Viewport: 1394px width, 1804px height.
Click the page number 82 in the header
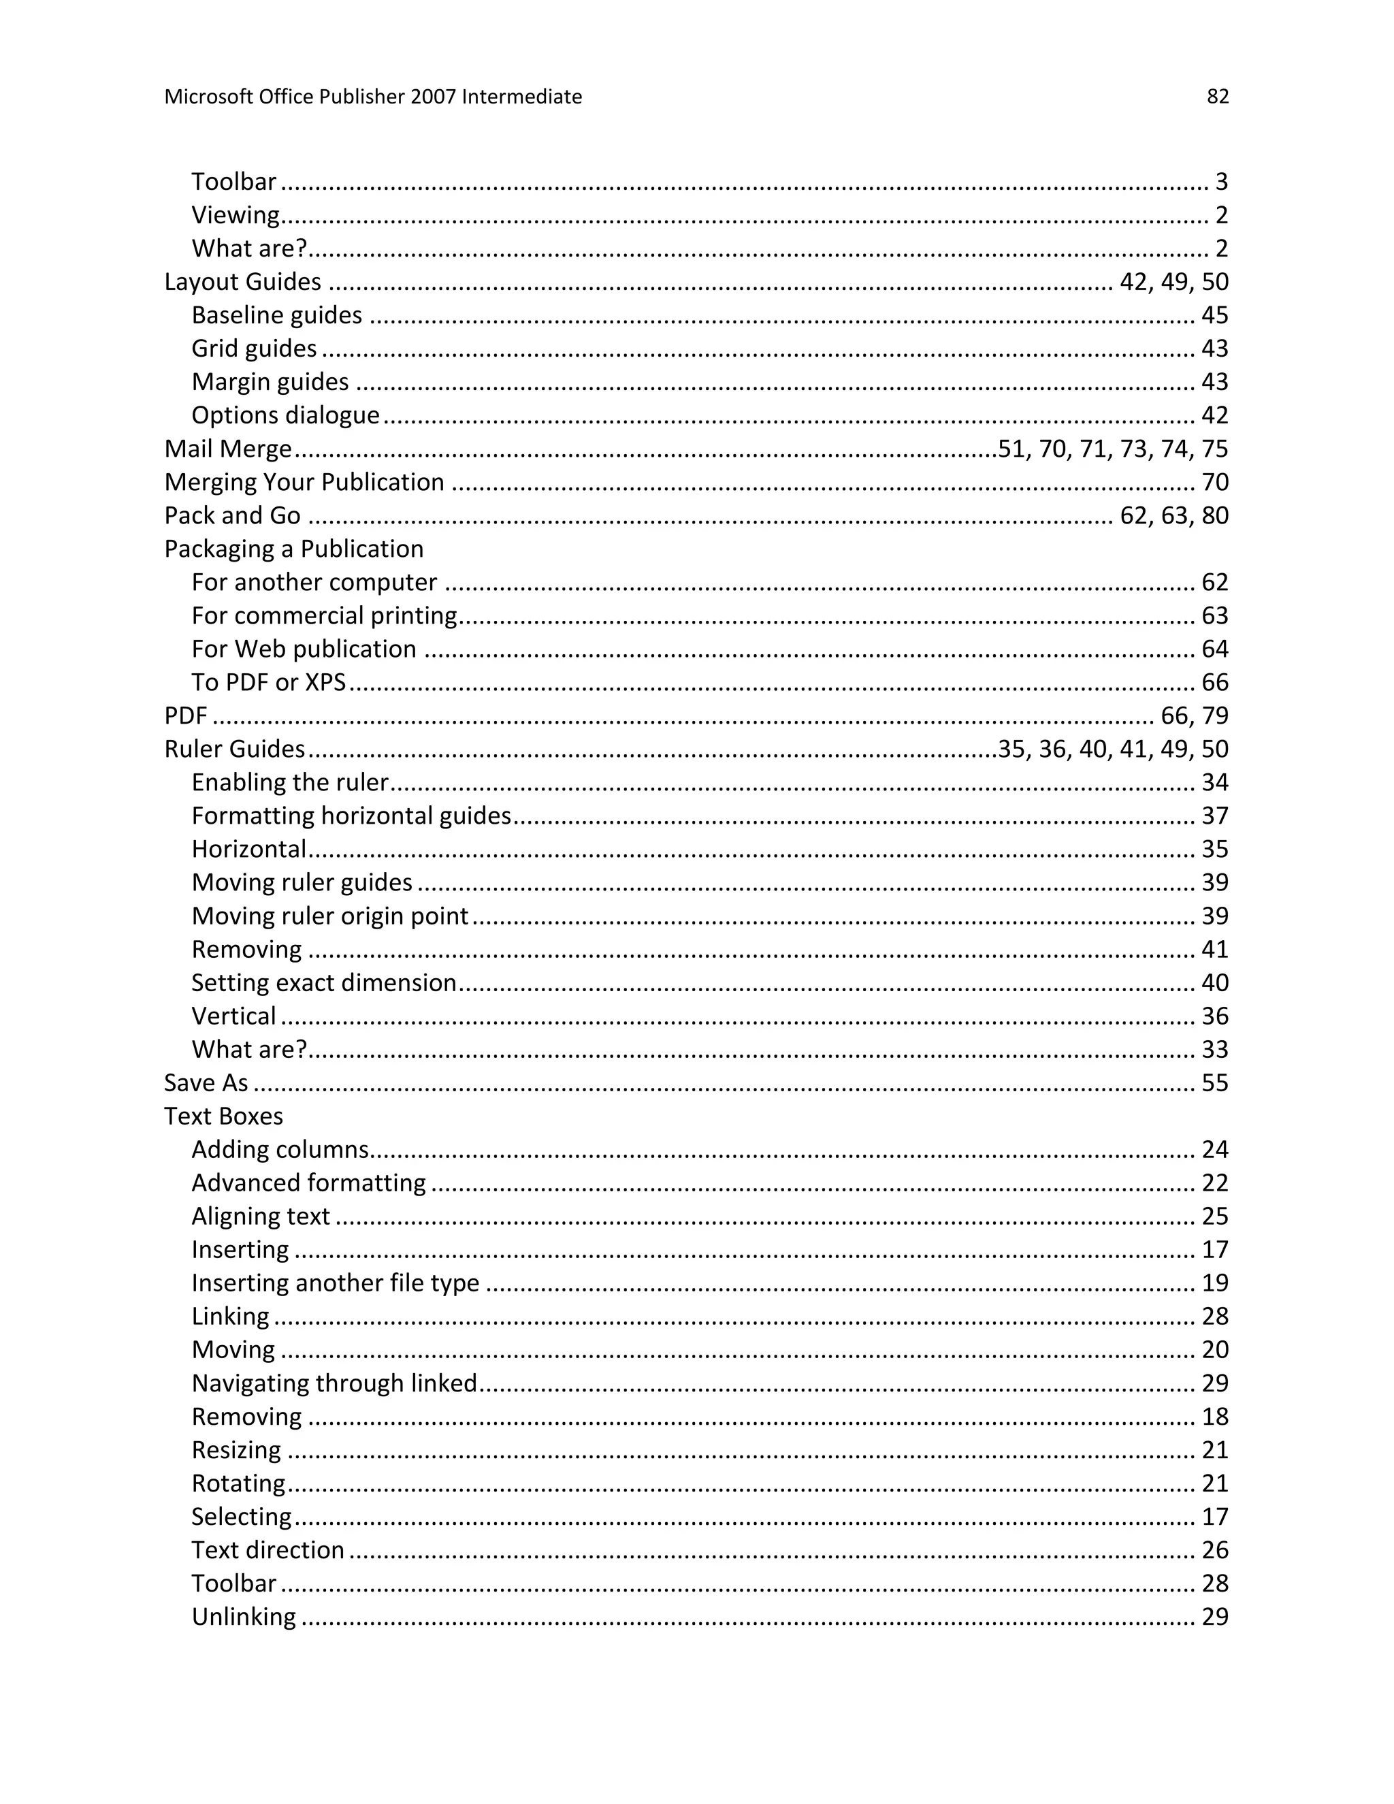(x=1217, y=97)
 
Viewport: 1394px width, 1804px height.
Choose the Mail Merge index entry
(x=228, y=449)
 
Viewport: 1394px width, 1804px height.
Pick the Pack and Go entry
(x=232, y=515)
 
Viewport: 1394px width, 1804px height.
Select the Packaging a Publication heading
(x=293, y=549)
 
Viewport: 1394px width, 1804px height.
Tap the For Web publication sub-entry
(x=304, y=649)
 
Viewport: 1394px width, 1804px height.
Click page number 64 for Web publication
(x=1215, y=649)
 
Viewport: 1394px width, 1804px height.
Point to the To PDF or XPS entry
(x=268, y=682)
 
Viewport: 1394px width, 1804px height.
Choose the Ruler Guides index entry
(x=235, y=750)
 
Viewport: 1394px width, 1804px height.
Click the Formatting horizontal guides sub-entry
(x=351, y=816)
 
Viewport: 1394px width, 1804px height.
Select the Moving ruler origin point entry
(x=329, y=916)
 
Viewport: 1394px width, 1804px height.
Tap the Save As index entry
(x=206, y=1083)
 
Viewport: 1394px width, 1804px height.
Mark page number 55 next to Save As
(x=1215, y=1083)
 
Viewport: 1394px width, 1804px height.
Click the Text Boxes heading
(x=223, y=1116)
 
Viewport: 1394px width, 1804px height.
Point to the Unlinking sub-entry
(x=244, y=1617)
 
